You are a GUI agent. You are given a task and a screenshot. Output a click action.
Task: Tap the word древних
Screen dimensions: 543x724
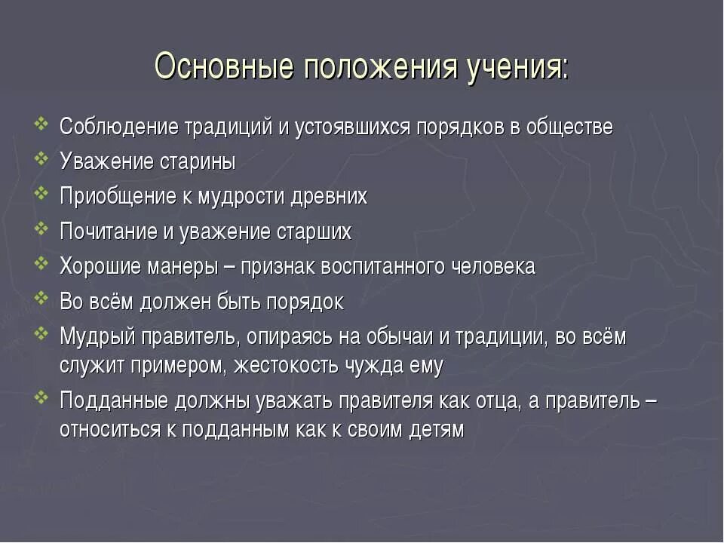331,197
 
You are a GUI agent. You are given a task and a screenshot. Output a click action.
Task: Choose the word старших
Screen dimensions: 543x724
315,232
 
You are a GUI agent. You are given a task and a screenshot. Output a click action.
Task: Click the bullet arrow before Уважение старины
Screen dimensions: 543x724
42,160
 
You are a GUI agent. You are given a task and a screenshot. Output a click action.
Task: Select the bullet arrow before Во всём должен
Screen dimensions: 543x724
42,300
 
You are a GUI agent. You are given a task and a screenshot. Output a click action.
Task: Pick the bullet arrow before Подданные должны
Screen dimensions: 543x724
42,399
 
